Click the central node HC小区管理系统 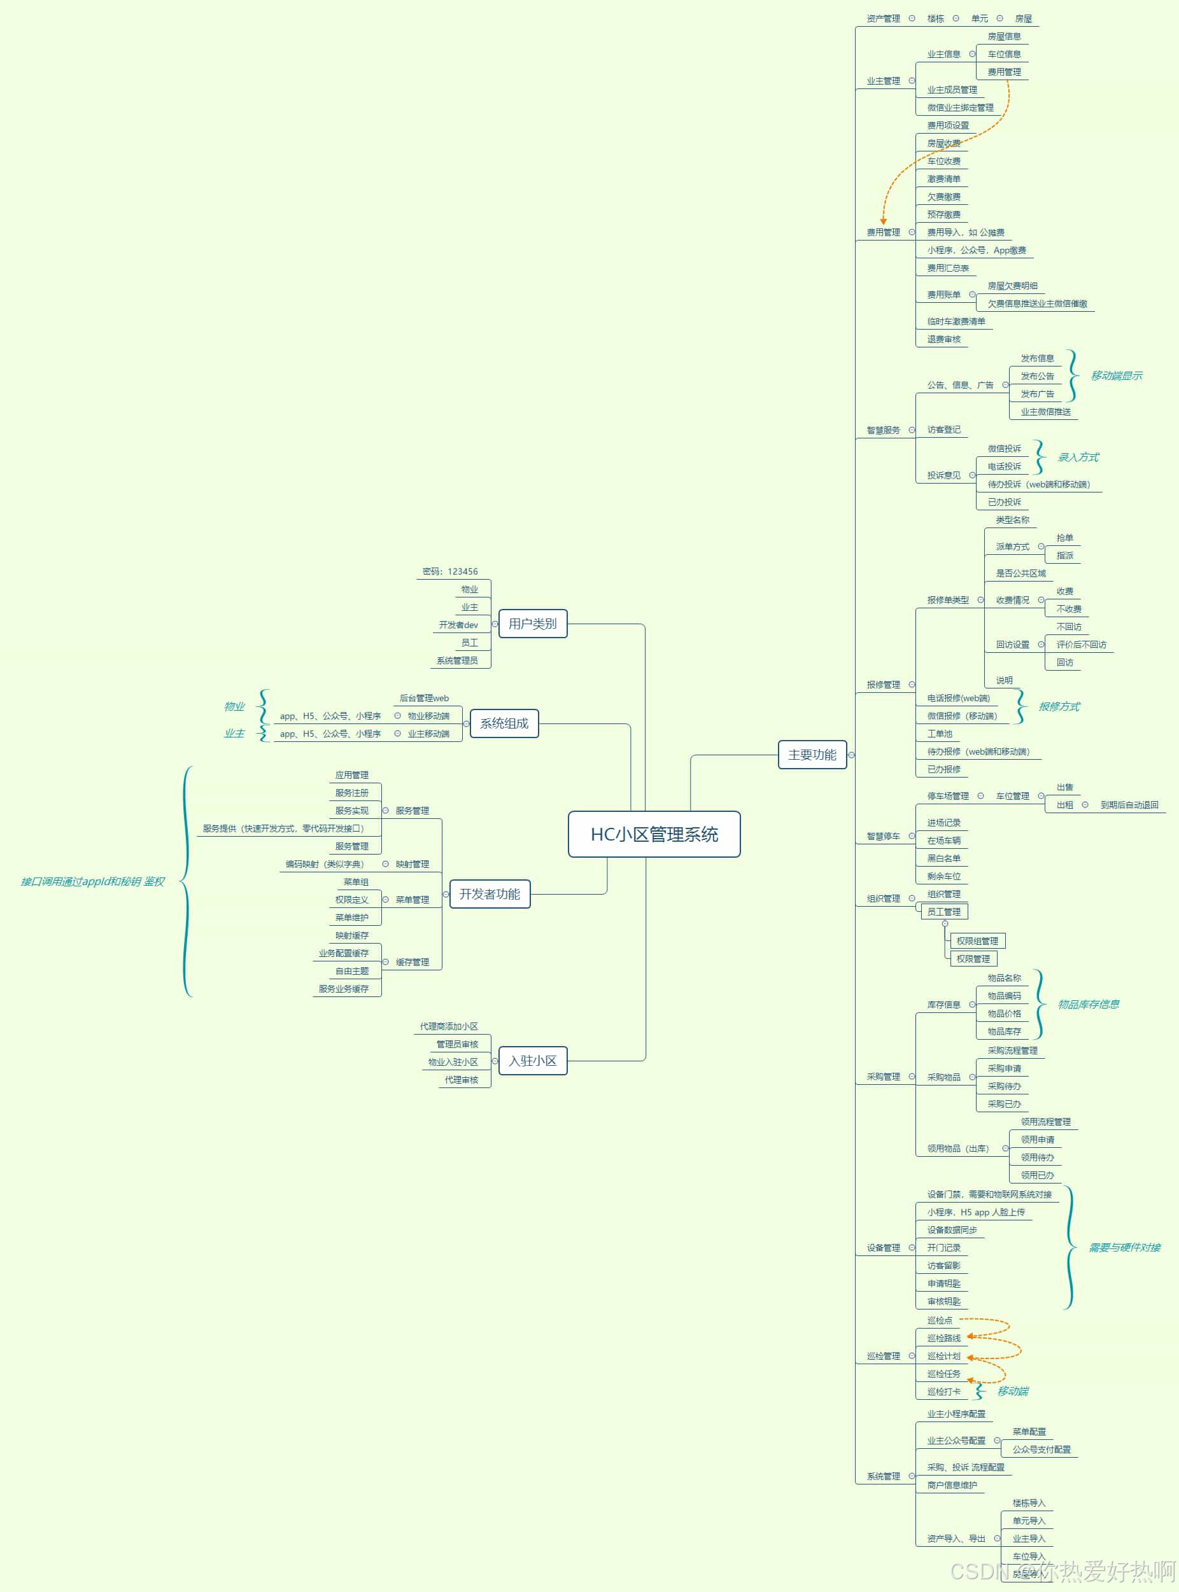pyautogui.click(x=654, y=834)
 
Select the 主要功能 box pyautogui.click(x=812, y=755)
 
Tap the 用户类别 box pyautogui.click(x=532, y=624)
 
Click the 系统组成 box pyautogui.click(x=504, y=723)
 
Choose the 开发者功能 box pyautogui.click(x=490, y=894)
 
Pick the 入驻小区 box pyautogui.click(x=532, y=1061)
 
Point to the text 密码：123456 pyautogui.click(x=449, y=571)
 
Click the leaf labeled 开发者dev pyautogui.click(x=458, y=625)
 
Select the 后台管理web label pyautogui.click(x=424, y=698)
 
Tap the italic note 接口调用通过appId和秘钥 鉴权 pyautogui.click(x=93, y=882)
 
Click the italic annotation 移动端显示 pyautogui.click(x=1115, y=376)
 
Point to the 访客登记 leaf pyautogui.click(x=943, y=430)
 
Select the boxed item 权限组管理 pyautogui.click(x=977, y=941)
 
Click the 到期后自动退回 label pyautogui.click(x=1129, y=804)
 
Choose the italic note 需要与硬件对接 pyautogui.click(x=1124, y=1248)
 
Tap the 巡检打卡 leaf pyautogui.click(x=943, y=1392)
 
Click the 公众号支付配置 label pyautogui.click(x=1041, y=1449)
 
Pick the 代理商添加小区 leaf pyautogui.click(x=449, y=1026)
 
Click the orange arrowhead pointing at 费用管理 pyautogui.click(x=883, y=221)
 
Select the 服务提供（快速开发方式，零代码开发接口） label pyautogui.click(x=283, y=828)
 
